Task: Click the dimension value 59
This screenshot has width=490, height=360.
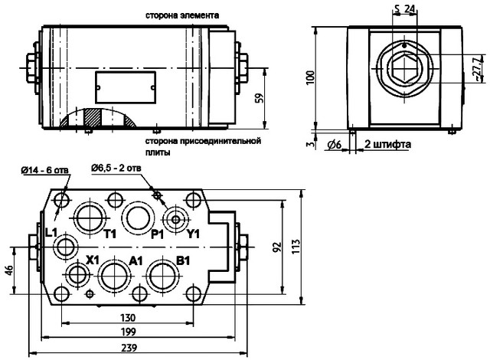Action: point(260,97)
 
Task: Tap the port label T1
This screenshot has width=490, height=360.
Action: point(109,233)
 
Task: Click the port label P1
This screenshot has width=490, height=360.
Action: point(158,233)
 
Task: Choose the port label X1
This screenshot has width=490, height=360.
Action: point(93,260)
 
